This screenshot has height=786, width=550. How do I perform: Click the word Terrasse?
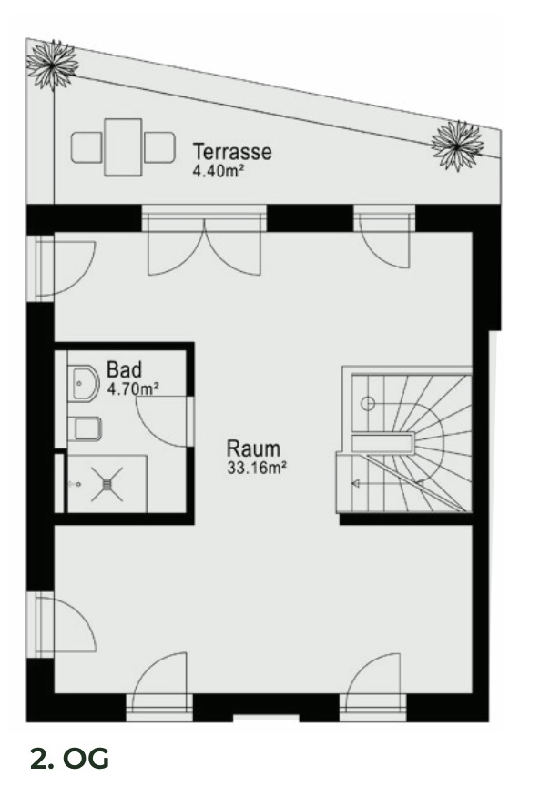[231, 152]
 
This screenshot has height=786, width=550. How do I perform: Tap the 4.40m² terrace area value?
[218, 170]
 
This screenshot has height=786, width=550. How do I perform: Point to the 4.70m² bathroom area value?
[134, 388]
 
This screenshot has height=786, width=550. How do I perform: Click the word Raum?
[253, 449]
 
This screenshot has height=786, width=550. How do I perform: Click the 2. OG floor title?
[68, 759]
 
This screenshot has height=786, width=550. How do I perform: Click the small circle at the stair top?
[370, 402]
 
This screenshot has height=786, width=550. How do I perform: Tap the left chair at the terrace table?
[87, 146]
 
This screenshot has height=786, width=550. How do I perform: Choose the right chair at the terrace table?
[159, 146]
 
